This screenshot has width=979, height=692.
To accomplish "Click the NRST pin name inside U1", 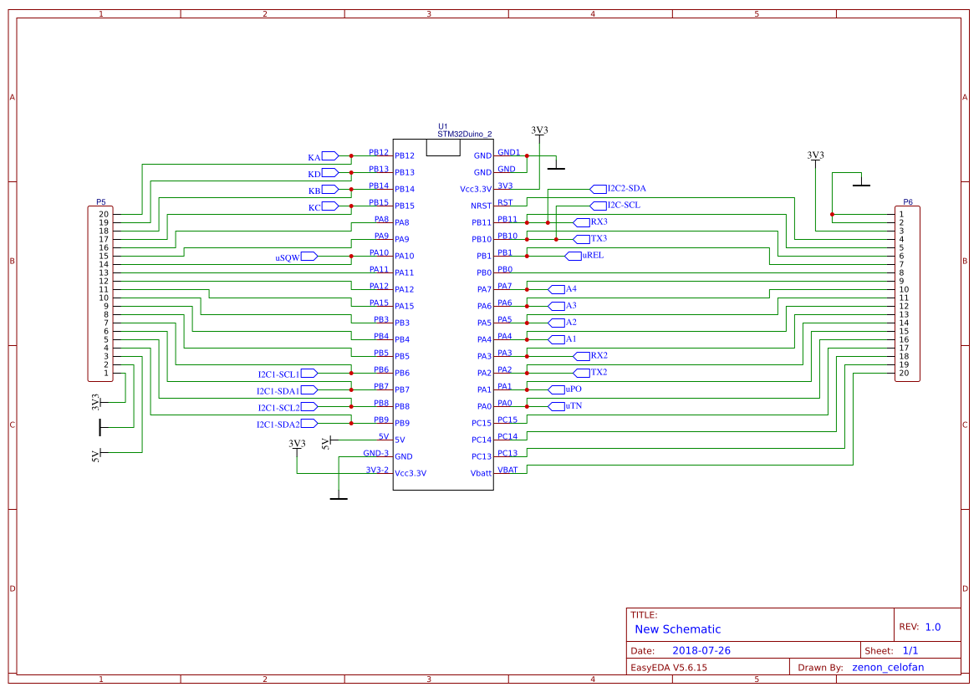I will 482,206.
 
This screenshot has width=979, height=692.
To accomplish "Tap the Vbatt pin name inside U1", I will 481,473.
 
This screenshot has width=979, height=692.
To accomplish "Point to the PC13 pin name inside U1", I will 482,456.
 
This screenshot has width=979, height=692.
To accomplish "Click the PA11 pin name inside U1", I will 405,272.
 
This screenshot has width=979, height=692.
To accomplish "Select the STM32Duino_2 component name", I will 464,134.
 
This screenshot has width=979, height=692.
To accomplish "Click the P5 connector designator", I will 101,202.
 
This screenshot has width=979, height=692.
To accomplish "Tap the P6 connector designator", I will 908,202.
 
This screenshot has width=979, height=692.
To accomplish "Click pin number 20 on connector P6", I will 904,373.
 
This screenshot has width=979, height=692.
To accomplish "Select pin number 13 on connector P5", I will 104,272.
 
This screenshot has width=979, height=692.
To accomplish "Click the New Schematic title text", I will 677,629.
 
